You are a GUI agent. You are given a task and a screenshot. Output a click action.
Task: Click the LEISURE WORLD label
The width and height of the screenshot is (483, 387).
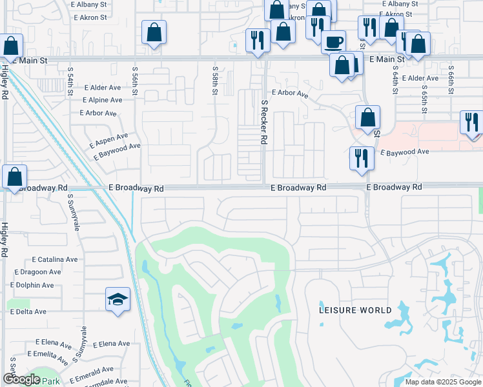[x=355, y=310]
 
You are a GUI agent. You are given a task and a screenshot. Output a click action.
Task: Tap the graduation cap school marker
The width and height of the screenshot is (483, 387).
[x=118, y=299]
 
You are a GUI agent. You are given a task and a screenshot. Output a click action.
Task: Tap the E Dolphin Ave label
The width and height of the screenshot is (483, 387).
[x=32, y=285]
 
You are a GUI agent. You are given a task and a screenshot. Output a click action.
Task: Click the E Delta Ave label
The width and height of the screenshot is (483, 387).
[x=28, y=312]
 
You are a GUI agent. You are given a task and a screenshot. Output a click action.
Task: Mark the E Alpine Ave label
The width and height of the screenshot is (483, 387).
[x=102, y=100]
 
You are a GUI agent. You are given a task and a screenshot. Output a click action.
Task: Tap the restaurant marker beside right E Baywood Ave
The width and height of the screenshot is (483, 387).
[x=361, y=158]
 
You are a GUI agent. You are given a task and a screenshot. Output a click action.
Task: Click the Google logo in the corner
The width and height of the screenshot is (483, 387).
[x=21, y=379]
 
